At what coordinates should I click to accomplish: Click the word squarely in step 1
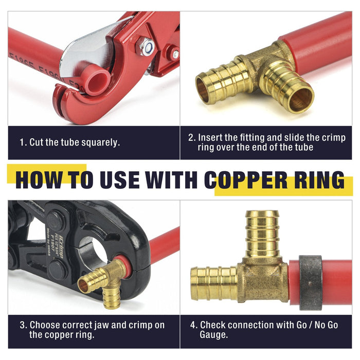tap(101, 143)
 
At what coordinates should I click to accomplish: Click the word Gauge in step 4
tap(213, 335)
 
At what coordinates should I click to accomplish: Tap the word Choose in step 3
tap(45, 325)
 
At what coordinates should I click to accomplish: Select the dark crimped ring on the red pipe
tap(310, 283)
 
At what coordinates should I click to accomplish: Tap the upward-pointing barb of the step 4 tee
tap(262, 233)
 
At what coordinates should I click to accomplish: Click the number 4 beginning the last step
tap(193, 325)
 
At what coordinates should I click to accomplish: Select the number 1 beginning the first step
tap(22, 142)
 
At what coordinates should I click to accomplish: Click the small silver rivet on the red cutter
tap(176, 54)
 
